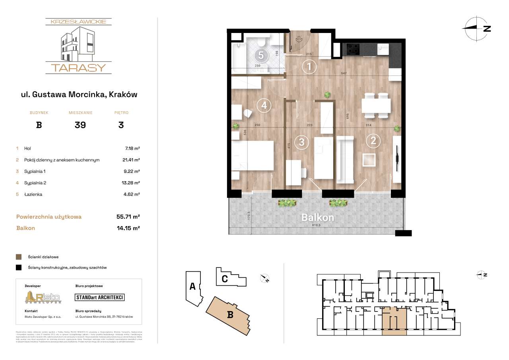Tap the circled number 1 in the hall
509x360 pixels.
coord(309,66)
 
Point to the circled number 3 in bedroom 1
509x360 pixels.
coord(301,141)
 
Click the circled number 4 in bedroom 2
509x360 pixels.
coord(264,105)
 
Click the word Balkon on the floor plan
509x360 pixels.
coord(317,218)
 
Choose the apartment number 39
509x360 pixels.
coord(80,125)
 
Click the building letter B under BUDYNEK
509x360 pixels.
coord(39,125)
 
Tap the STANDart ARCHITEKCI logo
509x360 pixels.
coord(100,297)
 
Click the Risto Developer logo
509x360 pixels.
coord(43,297)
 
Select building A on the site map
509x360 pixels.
coord(192,286)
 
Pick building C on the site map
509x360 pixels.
coord(224,279)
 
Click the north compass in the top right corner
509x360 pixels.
coord(476,29)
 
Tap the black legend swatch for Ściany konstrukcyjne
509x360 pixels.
coord(18,268)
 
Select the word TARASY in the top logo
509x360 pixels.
coord(78,68)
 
